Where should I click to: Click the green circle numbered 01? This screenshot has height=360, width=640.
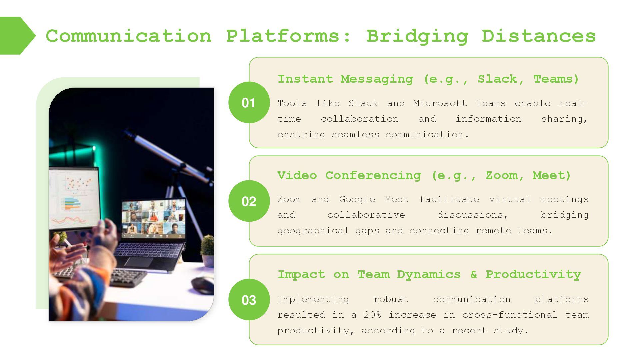pos(249,102)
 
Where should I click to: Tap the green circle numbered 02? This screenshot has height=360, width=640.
pos(249,201)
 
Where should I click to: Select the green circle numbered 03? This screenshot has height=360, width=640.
pos(249,300)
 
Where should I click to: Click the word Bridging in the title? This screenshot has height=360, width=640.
pos(417,36)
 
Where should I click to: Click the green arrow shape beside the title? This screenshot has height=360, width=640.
pos(17,36)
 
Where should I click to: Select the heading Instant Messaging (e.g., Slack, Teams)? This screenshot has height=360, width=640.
pos(428,79)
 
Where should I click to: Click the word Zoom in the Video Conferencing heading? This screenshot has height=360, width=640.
pos(501,175)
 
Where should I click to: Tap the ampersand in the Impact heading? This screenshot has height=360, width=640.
pos(473,274)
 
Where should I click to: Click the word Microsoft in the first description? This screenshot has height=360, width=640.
pos(440,103)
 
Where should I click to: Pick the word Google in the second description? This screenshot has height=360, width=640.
pos(357,199)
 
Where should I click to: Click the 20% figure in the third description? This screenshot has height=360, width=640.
pos(372,315)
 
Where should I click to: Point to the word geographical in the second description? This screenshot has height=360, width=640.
pos(313,231)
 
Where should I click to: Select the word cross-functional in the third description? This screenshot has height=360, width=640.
pos(510,315)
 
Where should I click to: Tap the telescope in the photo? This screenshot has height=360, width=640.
pos(167,153)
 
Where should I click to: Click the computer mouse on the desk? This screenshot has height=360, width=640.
pos(203,285)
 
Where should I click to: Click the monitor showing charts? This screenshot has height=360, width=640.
pos(74,197)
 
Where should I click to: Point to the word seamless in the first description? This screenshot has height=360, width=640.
pos(355,135)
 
